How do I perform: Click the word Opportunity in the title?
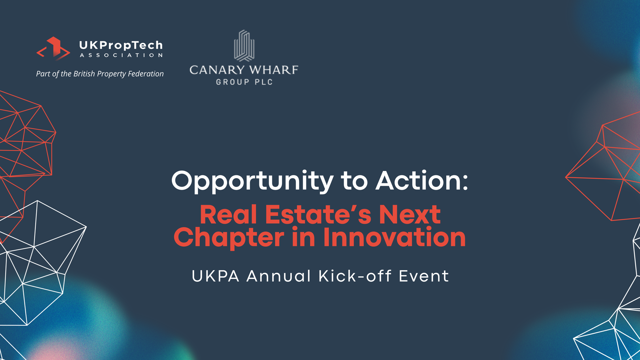[x=252, y=182]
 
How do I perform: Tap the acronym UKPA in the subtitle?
[x=215, y=276]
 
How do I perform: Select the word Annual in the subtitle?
[x=279, y=276]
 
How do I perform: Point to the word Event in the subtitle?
[x=424, y=276]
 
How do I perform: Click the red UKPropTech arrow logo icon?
[x=53, y=49]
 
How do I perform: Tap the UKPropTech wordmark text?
[x=121, y=45]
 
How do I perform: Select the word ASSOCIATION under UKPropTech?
[x=121, y=55]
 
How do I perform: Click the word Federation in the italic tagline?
[x=146, y=74]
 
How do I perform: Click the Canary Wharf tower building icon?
[x=244, y=46]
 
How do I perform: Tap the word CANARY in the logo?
[x=217, y=70]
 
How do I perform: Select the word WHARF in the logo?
[x=274, y=70]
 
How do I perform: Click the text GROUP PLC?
[x=244, y=82]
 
